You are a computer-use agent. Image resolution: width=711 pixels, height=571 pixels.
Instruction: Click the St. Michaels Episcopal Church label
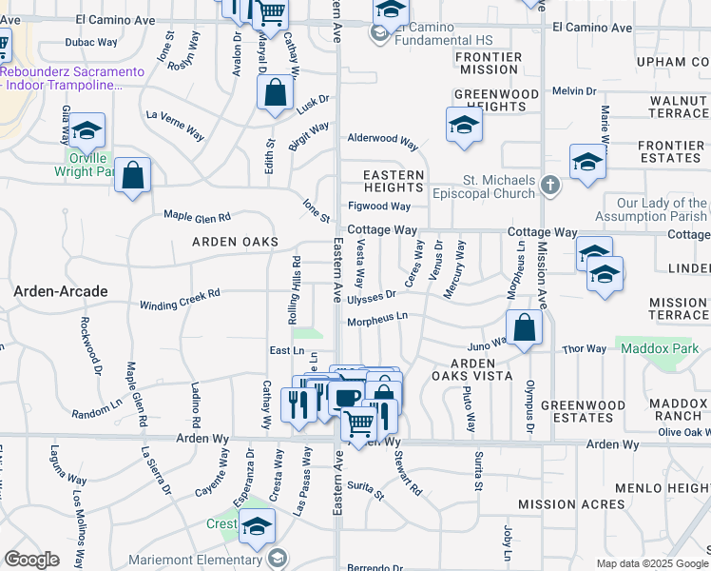pos(486,187)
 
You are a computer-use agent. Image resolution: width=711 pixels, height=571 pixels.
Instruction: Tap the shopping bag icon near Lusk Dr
pos(275,94)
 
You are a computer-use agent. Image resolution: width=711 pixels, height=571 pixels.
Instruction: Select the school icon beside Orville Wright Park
pos(86,130)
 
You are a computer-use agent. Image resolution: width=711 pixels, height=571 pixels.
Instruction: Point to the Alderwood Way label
pos(383,139)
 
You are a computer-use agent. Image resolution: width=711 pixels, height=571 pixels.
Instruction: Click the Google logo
pos(31,560)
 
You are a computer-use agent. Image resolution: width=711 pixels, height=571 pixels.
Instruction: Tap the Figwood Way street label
pos(380,206)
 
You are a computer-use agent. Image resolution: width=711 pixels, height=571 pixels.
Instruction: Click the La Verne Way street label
pos(175,124)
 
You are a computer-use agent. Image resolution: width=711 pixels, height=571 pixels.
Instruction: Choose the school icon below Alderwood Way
pos(464,126)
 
